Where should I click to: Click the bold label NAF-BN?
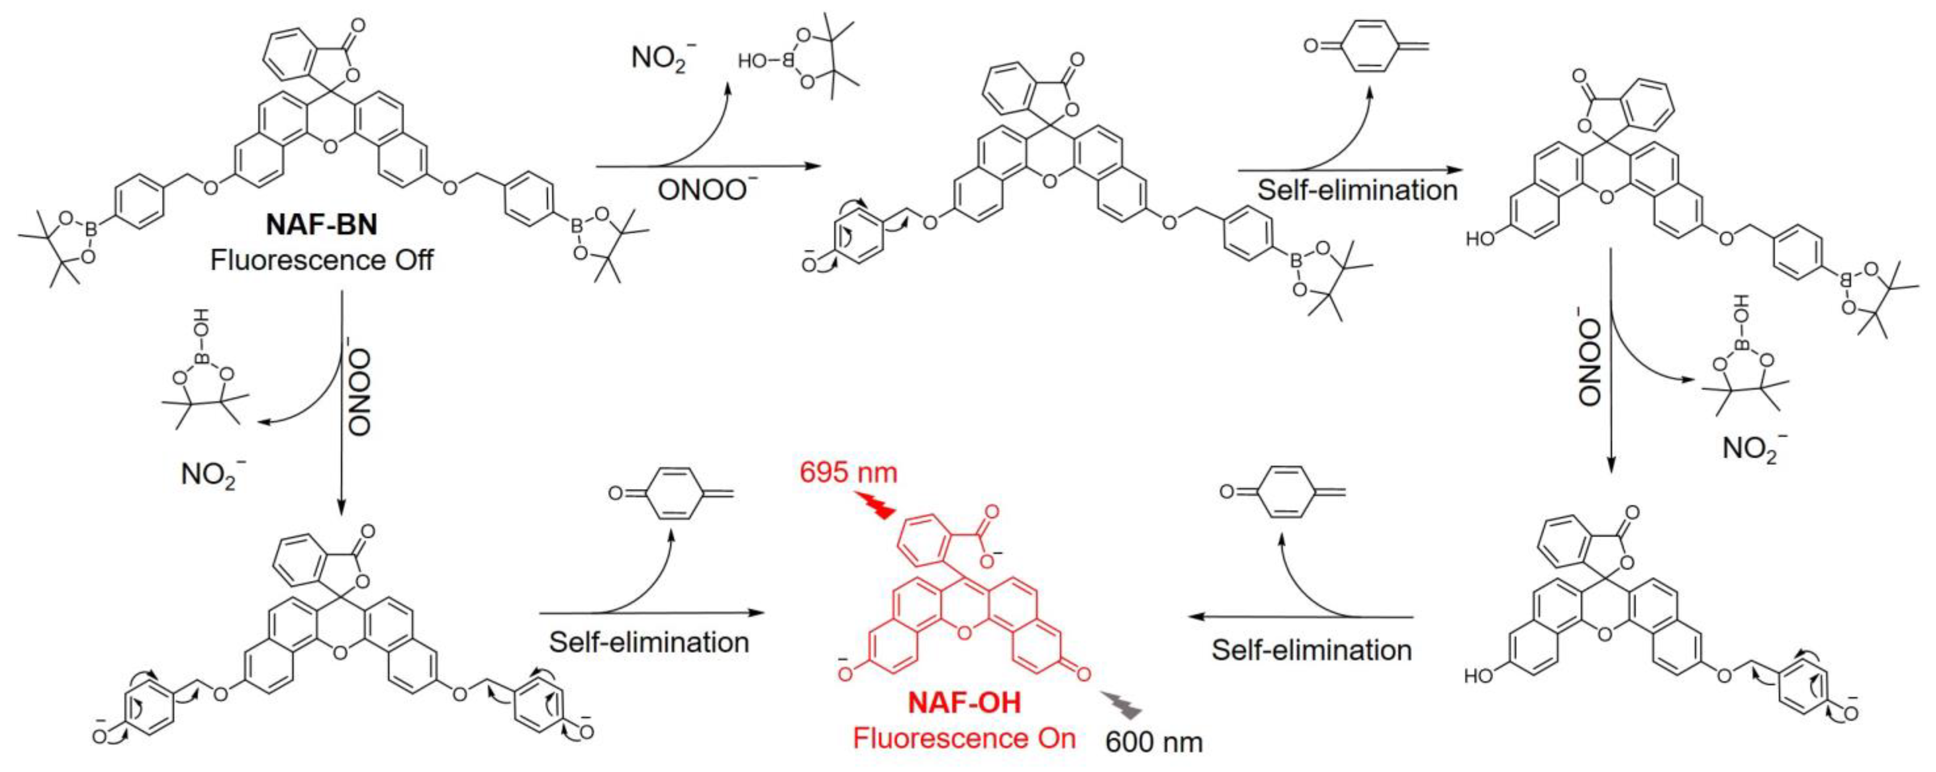point(322,224)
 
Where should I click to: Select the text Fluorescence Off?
point(322,260)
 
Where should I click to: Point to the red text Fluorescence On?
point(964,738)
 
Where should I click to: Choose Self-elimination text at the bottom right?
point(1311,650)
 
